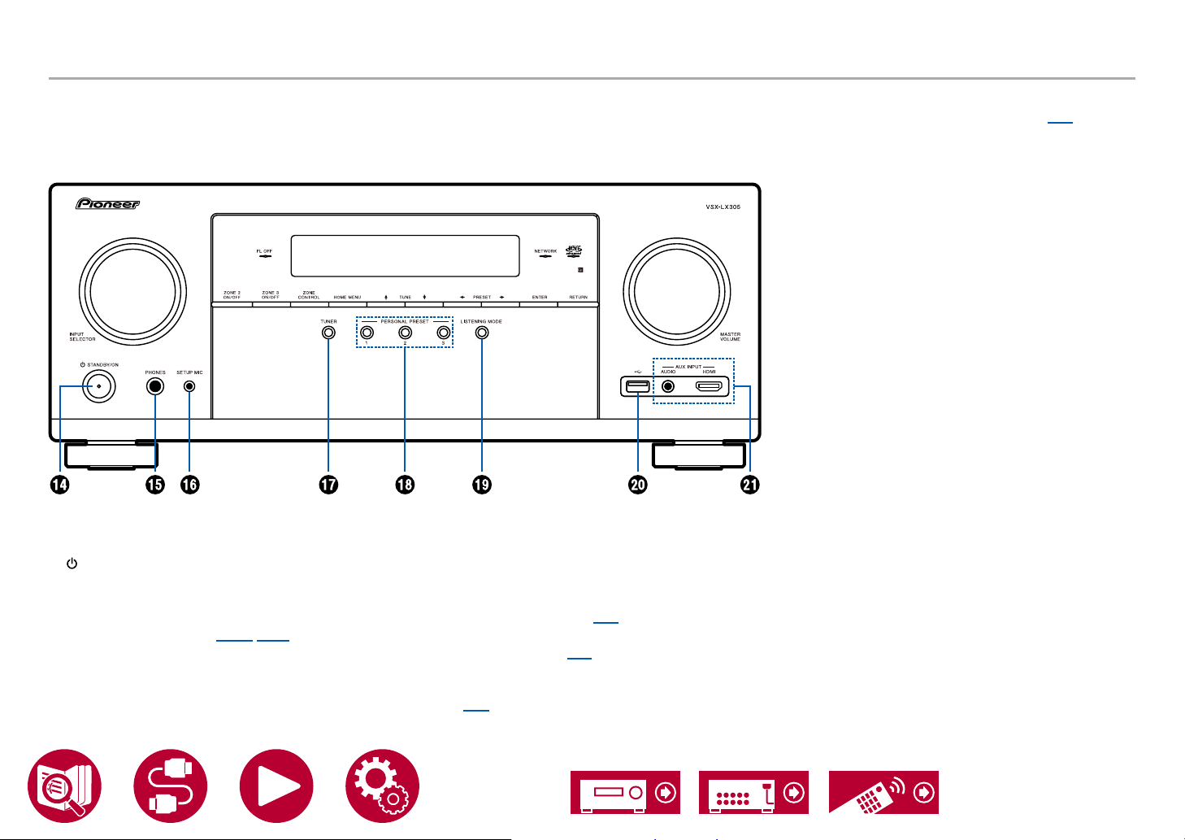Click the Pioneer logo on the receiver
(108, 204)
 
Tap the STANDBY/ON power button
(98, 388)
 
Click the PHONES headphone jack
(155, 387)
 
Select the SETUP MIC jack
(189, 387)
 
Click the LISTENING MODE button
(482, 333)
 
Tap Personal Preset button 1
(367, 333)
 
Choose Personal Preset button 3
(443, 333)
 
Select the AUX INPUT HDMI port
(710, 386)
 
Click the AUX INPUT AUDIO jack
(669, 386)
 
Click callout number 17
(328, 485)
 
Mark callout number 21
(749, 485)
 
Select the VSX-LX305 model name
(723, 207)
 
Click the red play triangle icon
(276, 786)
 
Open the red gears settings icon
(382, 786)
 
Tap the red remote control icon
(883, 792)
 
